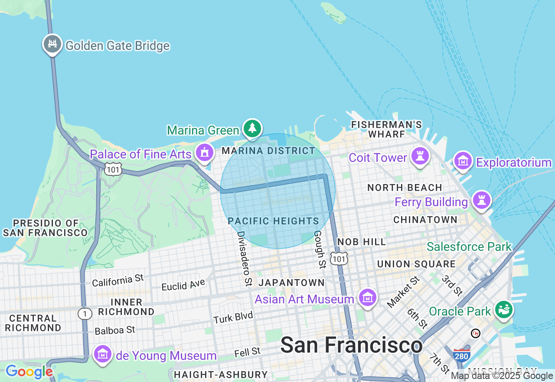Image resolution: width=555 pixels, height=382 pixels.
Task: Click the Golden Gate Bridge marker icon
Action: pyautogui.click(x=52, y=44)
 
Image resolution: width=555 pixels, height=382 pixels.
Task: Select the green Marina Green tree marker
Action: pyautogui.click(x=252, y=128)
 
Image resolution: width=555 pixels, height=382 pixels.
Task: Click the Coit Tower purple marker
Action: pyautogui.click(x=419, y=156)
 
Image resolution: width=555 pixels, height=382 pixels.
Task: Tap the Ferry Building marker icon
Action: pyautogui.click(x=481, y=201)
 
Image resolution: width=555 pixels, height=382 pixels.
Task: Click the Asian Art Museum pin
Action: pyautogui.click(x=368, y=298)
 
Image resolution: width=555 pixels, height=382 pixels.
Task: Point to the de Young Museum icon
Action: pyautogui.click(x=103, y=355)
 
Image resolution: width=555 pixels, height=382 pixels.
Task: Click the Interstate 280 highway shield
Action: pyautogui.click(x=461, y=356)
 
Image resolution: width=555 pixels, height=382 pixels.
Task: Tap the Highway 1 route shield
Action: pyautogui.click(x=85, y=314)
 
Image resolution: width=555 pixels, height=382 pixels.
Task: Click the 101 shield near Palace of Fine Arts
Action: pyautogui.click(x=113, y=169)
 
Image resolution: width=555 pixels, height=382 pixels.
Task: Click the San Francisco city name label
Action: pyautogui.click(x=351, y=346)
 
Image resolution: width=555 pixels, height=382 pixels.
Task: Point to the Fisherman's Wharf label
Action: pyautogui.click(x=386, y=129)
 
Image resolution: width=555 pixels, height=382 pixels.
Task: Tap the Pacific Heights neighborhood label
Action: pyautogui.click(x=273, y=221)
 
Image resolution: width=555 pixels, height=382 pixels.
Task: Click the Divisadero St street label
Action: pyautogui.click(x=244, y=258)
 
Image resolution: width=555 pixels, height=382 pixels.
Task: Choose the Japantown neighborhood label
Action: pyautogui.click(x=291, y=283)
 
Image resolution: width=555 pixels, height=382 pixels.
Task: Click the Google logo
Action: pyautogui.click(x=29, y=372)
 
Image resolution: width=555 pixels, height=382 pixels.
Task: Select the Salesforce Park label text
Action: pyautogui.click(x=469, y=247)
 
